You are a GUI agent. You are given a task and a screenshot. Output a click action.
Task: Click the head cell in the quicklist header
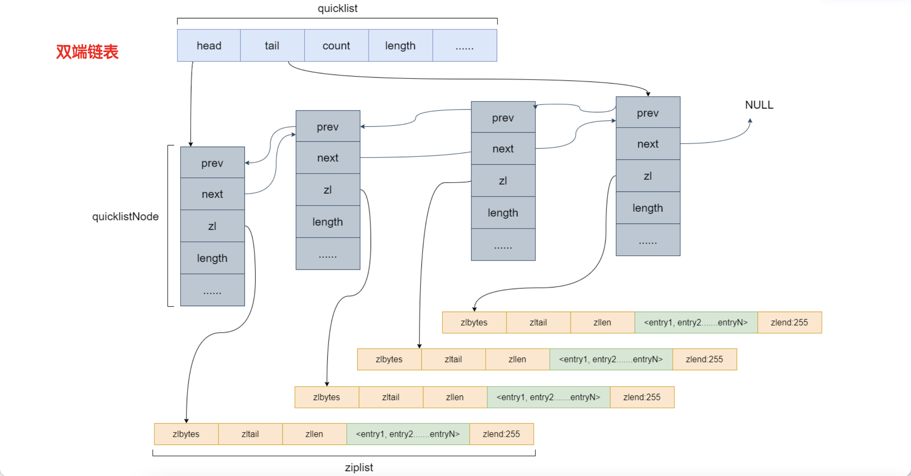point(209,46)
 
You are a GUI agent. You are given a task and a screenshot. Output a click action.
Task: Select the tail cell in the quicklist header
point(272,46)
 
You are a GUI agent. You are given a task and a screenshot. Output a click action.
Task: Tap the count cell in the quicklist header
point(336,46)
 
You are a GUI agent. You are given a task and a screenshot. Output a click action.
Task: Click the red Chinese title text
point(87,52)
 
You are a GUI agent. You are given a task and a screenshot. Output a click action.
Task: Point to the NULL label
point(759,105)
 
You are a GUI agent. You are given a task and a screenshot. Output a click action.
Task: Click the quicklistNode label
point(125,216)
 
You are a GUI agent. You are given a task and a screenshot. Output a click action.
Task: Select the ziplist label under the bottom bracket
point(359,467)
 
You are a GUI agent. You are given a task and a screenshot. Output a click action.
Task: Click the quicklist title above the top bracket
point(338,8)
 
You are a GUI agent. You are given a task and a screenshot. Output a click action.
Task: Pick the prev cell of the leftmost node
point(212,163)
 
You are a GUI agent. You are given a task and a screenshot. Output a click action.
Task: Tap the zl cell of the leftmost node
point(212,226)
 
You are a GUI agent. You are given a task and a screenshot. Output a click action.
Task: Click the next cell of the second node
point(327,157)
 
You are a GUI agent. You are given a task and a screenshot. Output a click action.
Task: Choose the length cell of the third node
point(503,213)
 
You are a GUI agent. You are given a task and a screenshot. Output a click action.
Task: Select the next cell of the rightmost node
point(648,144)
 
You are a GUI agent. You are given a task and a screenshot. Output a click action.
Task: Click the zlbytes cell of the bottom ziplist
point(186,434)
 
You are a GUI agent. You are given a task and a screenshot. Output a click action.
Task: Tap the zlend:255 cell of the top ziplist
point(789,322)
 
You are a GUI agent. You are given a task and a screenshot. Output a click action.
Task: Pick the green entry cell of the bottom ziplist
point(408,434)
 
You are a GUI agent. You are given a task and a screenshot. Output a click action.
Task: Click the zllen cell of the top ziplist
point(602,322)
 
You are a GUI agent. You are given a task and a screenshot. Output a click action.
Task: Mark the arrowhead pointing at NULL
point(750,120)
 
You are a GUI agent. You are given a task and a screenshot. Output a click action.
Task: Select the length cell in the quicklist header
point(400,46)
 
